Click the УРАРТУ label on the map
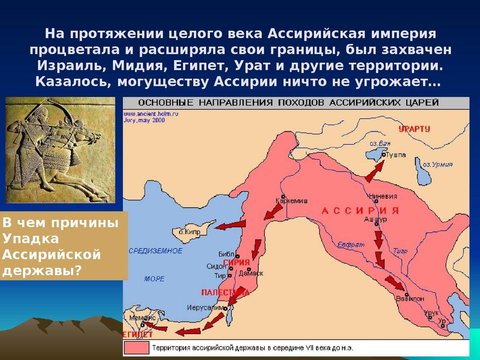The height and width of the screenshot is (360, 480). point(414,129)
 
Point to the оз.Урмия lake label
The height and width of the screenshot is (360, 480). point(438,165)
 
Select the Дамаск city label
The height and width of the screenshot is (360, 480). point(251,273)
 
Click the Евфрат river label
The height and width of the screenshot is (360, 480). point(347,245)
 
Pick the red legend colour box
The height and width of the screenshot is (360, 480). point(136,347)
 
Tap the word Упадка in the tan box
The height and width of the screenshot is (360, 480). point(30,239)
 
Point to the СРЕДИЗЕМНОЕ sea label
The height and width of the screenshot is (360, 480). point(156,251)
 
